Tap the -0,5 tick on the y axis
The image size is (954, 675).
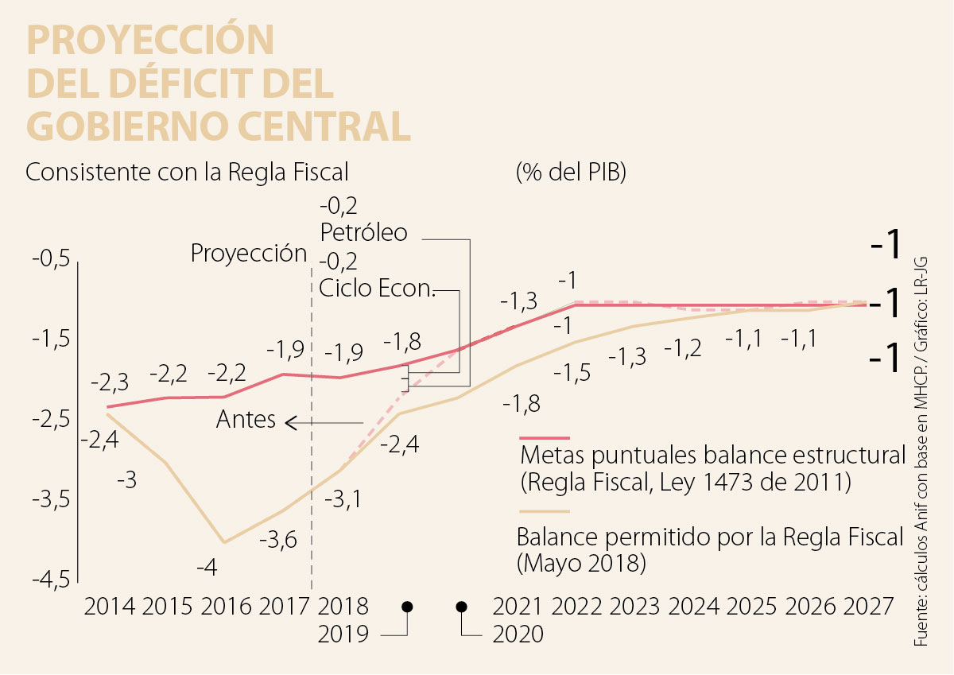[52, 260]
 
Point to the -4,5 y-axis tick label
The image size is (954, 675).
[52, 580]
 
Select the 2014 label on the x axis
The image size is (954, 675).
[110, 607]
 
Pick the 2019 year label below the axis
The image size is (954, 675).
[343, 634]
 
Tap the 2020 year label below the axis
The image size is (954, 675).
[518, 634]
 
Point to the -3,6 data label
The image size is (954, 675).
[278, 541]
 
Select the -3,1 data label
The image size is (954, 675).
[345, 499]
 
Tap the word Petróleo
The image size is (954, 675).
[364, 233]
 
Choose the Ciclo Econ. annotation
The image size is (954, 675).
[378, 288]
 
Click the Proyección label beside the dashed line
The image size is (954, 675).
[249, 254]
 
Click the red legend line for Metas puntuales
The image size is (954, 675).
[545, 437]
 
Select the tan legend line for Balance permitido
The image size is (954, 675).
[545, 513]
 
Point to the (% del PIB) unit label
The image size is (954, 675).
[571, 172]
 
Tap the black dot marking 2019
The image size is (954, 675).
[408, 607]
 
